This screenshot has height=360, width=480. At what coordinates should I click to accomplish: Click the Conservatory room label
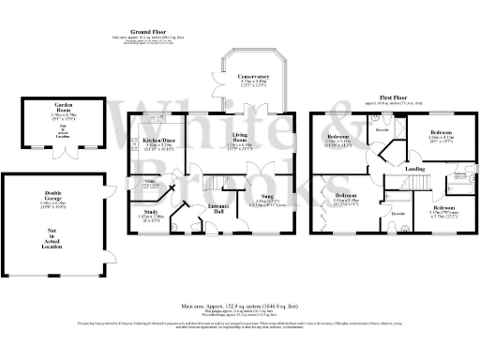[251, 76]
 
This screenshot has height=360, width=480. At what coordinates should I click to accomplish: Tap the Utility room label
[148, 180]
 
